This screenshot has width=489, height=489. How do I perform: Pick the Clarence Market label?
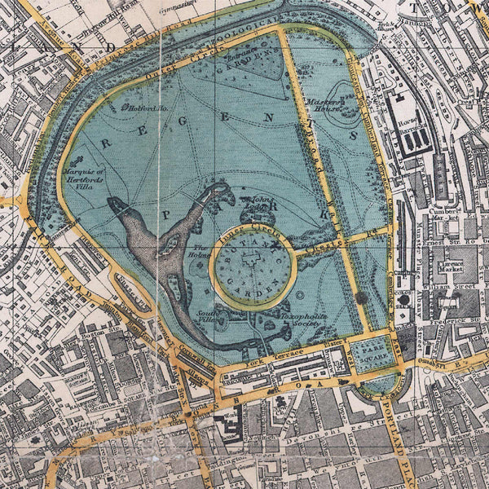(x=454, y=269)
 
